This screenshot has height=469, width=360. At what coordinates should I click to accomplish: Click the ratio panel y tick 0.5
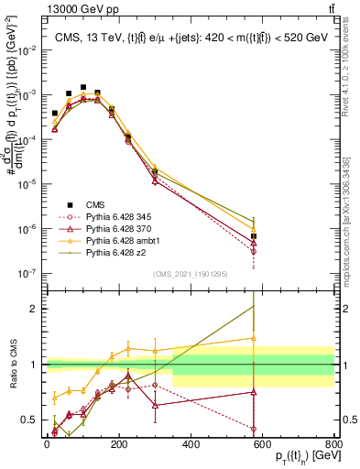click(36, 421)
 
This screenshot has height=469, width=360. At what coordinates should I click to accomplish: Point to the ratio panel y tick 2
click(38, 309)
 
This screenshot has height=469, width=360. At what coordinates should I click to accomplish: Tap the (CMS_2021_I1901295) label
click(190, 273)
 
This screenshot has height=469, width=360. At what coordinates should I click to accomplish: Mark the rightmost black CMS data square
click(253, 236)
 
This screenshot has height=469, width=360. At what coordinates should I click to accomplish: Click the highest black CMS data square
click(83, 88)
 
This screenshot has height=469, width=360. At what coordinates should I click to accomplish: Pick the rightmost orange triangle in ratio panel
click(253, 339)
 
